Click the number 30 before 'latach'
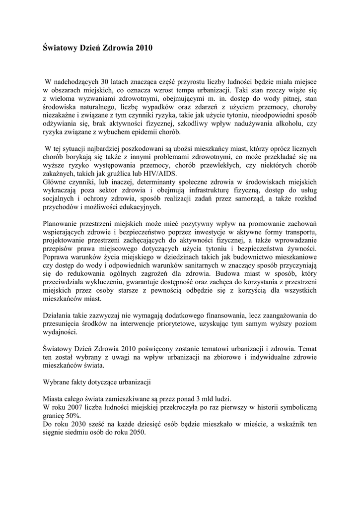tap(105, 80)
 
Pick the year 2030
tap(76, 425)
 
